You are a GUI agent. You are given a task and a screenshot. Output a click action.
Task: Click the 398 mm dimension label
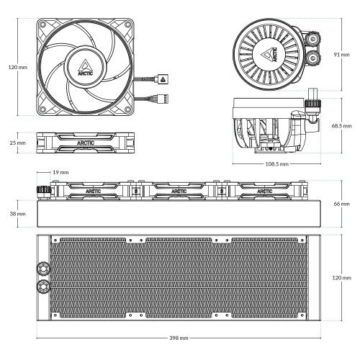179,337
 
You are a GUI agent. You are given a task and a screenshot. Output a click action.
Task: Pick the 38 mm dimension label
17,214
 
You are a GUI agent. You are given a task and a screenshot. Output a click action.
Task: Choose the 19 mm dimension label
60,173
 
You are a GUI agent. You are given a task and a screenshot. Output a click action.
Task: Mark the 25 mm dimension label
17,143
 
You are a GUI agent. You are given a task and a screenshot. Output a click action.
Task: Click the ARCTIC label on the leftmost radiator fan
94,192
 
